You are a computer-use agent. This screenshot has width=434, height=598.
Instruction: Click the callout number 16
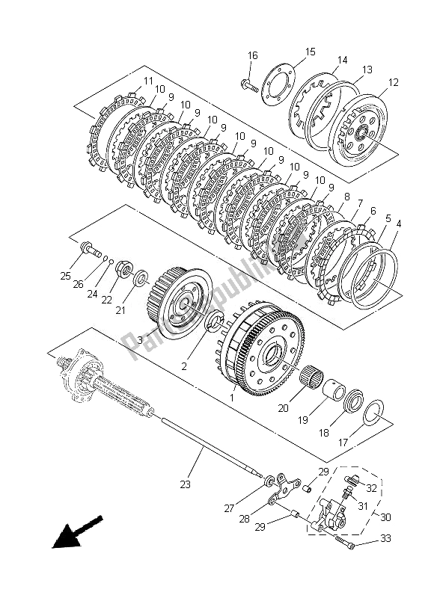[252, 55]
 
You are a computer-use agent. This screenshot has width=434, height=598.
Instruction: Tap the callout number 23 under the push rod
[185, 484]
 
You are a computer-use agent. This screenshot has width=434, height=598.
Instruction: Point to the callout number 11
[148, 81]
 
